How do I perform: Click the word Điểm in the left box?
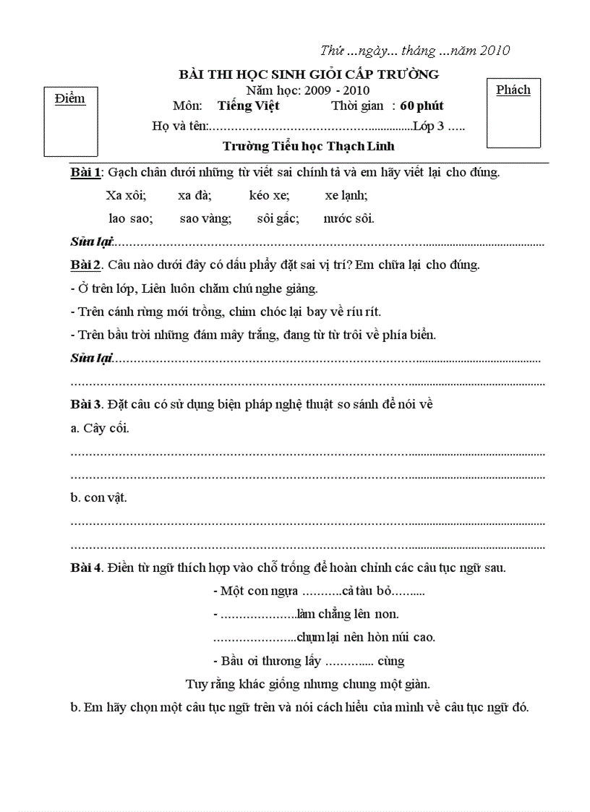pos(70,99)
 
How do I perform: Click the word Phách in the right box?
pos(513,90)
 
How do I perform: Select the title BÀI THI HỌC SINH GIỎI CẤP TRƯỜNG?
pos(309,74)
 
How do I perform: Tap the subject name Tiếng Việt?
pos(248,106)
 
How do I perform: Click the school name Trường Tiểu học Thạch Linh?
pos(309,145)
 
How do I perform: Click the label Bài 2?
pos(87,265)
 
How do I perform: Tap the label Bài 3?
pos(87,404)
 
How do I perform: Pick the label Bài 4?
pos(87,567)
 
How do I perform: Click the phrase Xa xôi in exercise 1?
pos(126,195)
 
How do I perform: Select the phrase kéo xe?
pos(269,195)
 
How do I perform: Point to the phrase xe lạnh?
pos(346,195)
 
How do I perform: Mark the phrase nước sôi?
pos(349,218)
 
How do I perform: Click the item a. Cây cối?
pos(100,428)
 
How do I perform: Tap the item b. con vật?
pos(99,497)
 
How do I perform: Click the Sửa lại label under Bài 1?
pos(92,241)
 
